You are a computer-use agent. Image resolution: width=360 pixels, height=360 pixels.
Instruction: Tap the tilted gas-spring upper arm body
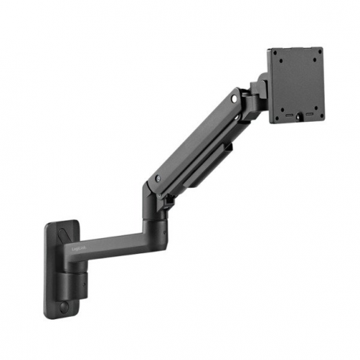[197, 141]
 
